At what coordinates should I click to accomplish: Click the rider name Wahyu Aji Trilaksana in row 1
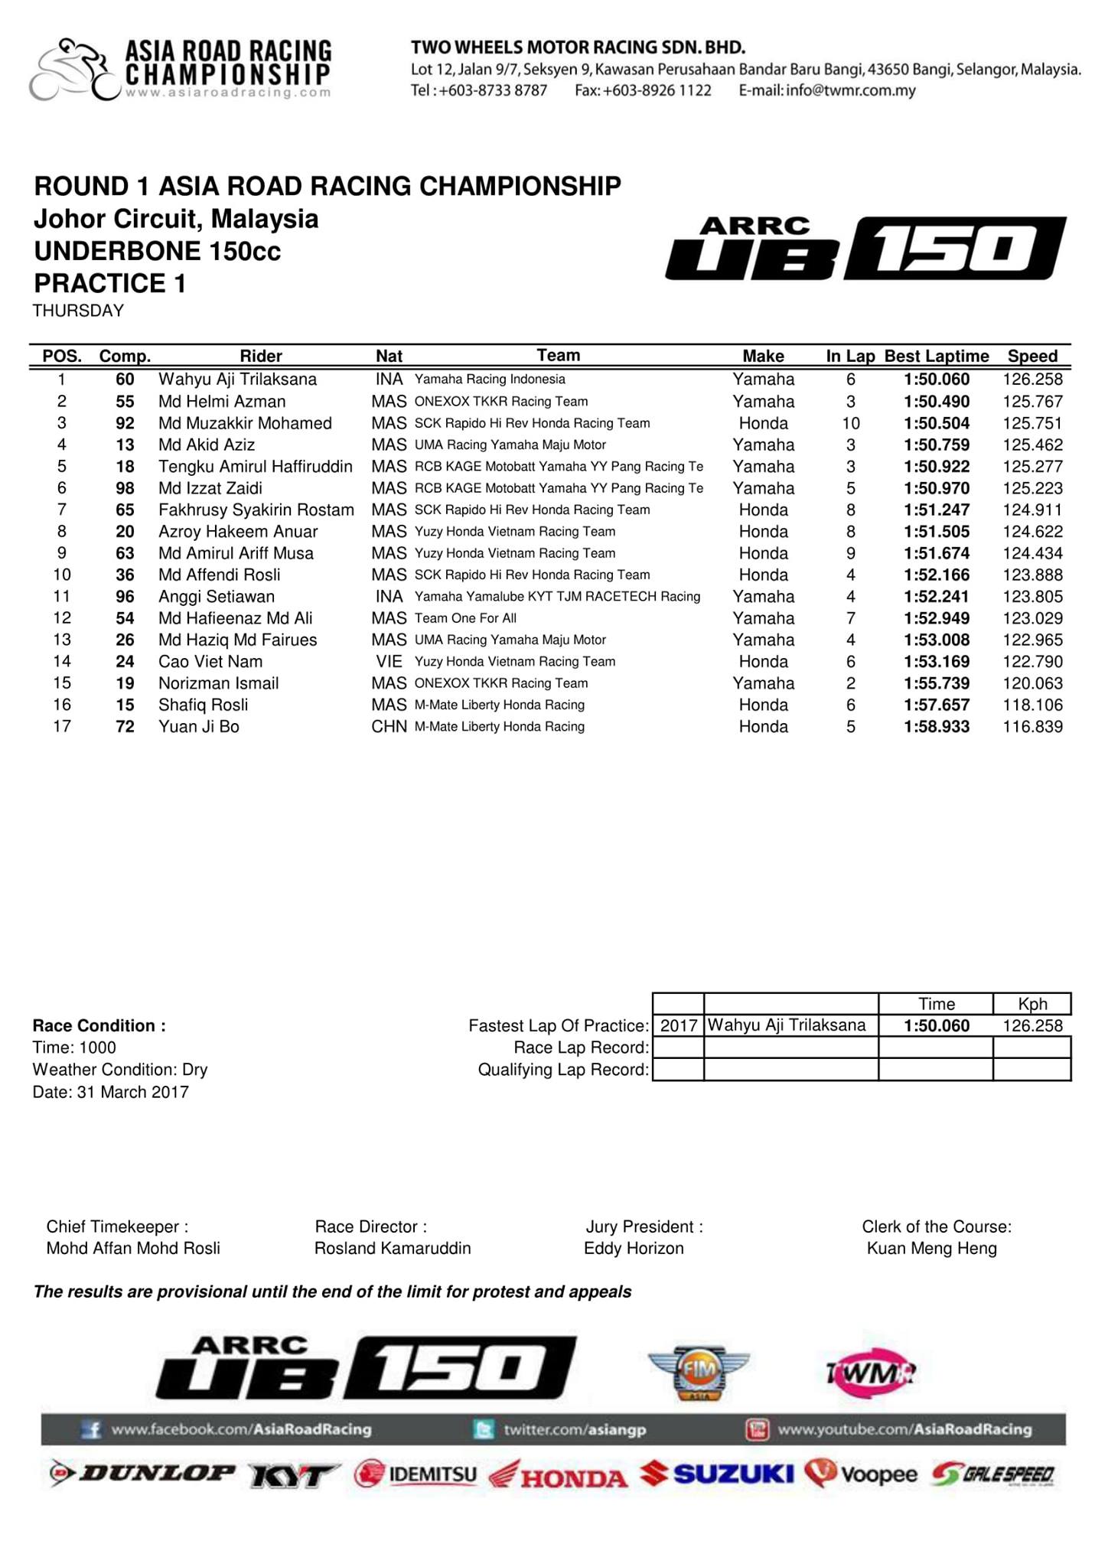pyautogui.click(x=237, y=380)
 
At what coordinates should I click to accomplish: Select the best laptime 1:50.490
pyautogui.click(x=936, y=402)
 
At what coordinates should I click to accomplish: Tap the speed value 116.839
pyautogui.click(x=1032, y=727)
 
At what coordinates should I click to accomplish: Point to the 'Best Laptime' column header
pyautogui.click(x=936, y=356)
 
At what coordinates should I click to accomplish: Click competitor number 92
pyautogui.click(x=125, y=423)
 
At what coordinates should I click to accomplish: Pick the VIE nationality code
pyautogui.click(x=389, y=662)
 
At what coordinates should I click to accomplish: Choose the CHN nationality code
pyautogui.click(x=389, y=727)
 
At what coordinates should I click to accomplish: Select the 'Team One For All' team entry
pyautogui.click(x=465, y=618)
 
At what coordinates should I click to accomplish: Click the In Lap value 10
pyautogui.click(x=850, y=423)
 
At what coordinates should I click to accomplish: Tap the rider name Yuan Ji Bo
pyautogui.click(x=199, y=727)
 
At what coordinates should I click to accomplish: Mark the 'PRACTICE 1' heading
pyautogui.click(x=110, y=284)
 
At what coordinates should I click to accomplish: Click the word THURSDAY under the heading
pyautogui.click(x=78, y=311)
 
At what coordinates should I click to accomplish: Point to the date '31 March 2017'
pyautogui.click(x=132, y=1092)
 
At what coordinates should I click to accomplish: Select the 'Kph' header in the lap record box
pyautogui.click(x=1032, y=1004)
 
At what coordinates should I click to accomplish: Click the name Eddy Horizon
pyautogui.click(x=634, y=1249)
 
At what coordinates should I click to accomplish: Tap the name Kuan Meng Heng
pyautogui.click(x=931, y=1249)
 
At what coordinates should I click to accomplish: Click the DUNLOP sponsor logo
pyautogui.click(x=143, y=1473)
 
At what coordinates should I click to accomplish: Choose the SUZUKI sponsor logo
pyautogui.click(x=718, y=1473)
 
